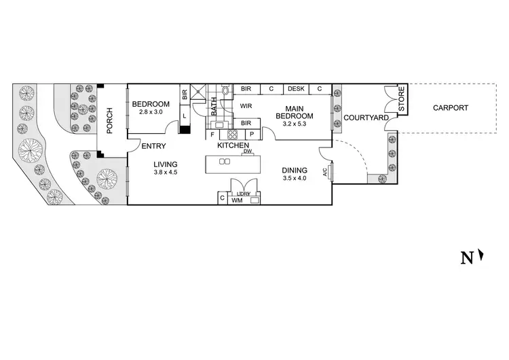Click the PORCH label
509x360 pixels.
click(109, 120)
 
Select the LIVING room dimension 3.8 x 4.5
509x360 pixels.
click(166, 173)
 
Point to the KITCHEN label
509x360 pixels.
click(233, 145)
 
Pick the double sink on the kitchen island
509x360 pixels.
click(225, 162)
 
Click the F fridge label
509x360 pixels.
click(212, 134)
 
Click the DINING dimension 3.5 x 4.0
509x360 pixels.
click(295, 179)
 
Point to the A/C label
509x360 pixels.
click(326, 173)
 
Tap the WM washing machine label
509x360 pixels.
click(237, 201)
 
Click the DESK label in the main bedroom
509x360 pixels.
click(296, 89)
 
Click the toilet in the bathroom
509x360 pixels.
click(225, 90)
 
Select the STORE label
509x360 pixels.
click(401, 100)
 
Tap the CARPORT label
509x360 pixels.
click(451, 108)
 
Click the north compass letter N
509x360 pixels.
click(467, 257)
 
